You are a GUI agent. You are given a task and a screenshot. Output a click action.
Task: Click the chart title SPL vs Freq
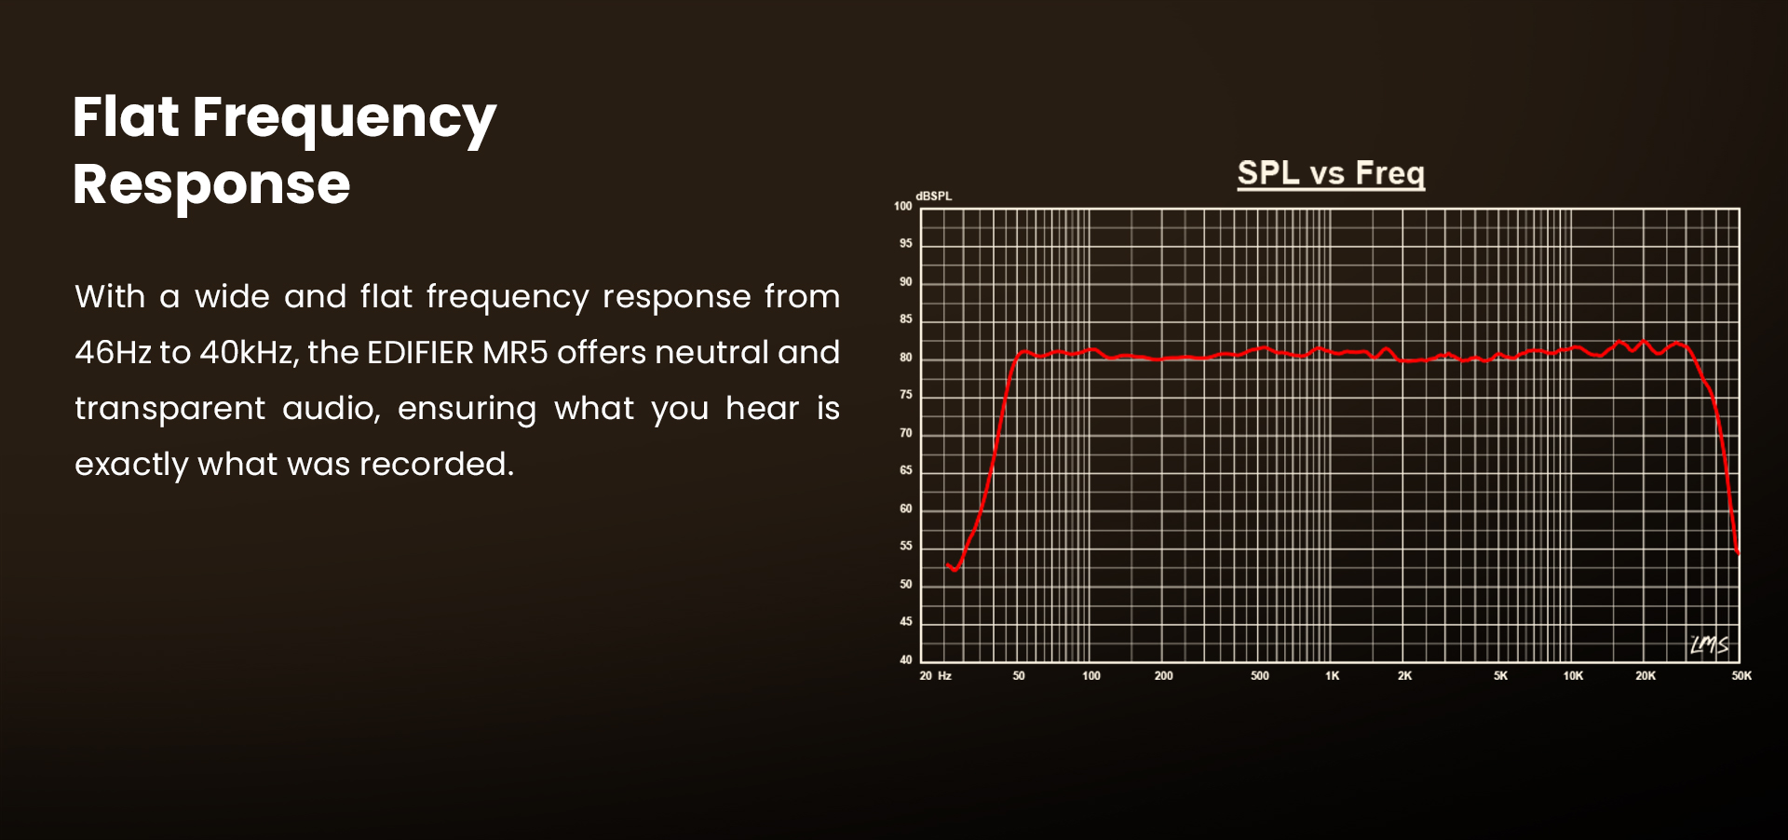click(1331, 173)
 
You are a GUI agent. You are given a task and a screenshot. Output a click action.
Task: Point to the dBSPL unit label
click(933, 196)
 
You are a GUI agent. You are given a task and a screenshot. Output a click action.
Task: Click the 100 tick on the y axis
click(903, 207)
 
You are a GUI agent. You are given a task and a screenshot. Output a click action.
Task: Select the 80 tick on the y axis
click(906, 358)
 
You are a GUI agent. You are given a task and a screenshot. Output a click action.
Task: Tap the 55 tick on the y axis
click(906, 547)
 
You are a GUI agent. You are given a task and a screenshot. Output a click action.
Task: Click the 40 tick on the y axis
click(906, 660)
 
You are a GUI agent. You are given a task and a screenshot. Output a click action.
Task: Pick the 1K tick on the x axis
click(1333, 676)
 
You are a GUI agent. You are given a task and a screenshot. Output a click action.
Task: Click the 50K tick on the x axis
click(1741, 676)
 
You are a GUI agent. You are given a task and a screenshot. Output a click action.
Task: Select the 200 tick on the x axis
click(1164, 676)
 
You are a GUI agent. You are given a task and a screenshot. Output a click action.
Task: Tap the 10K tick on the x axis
click(1573, 676)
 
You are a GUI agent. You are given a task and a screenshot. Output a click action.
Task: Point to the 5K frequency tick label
click(1500, 676)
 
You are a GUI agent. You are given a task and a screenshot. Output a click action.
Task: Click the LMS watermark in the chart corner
click(1710, 644)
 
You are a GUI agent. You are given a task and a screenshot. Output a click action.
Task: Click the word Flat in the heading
click(126, 117)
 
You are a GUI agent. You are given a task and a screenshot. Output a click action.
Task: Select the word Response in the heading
click(211, 184)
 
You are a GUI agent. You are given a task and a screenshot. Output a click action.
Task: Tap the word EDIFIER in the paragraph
click(420, 353)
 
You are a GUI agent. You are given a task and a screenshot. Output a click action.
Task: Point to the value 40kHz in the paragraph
click(248, 354)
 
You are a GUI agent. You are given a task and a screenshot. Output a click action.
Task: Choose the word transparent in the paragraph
click(170, 409)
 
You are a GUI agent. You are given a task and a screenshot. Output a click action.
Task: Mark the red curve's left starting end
click(947, 565)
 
